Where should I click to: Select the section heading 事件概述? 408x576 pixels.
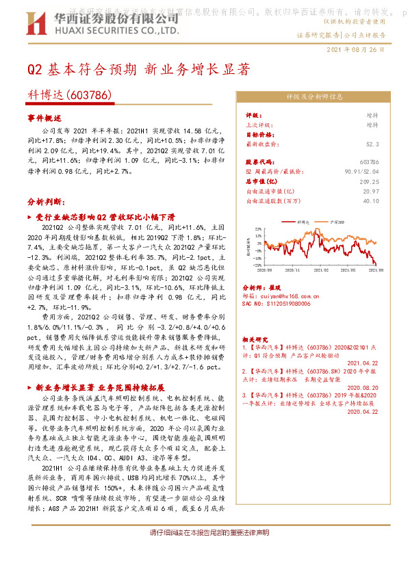pos(44,118)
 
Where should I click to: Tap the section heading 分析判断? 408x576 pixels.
pos(46,203)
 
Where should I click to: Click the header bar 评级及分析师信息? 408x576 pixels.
pos(314,96)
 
